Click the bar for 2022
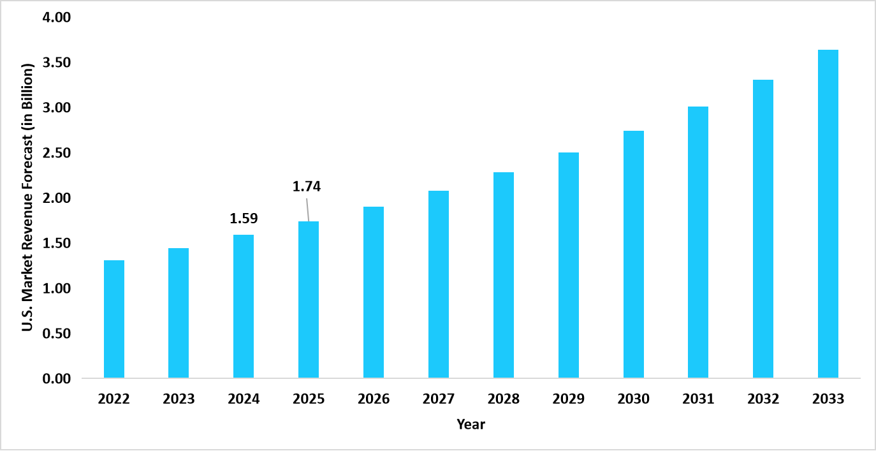[x=114, y=319]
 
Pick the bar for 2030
[x=633, y=255]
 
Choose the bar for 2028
[x=504, y=275]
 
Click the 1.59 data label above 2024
[x=244, y=218]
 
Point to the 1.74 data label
[x=307, y=187]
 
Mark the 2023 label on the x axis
[x=179, y=399]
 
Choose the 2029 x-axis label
[x=569, y=399]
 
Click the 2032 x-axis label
[x=763, y=399]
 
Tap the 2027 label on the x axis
[x=439, y=399]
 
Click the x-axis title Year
[x=471, y=424]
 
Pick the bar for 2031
[x=698, y=242]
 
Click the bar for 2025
[x=309, y=300]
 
